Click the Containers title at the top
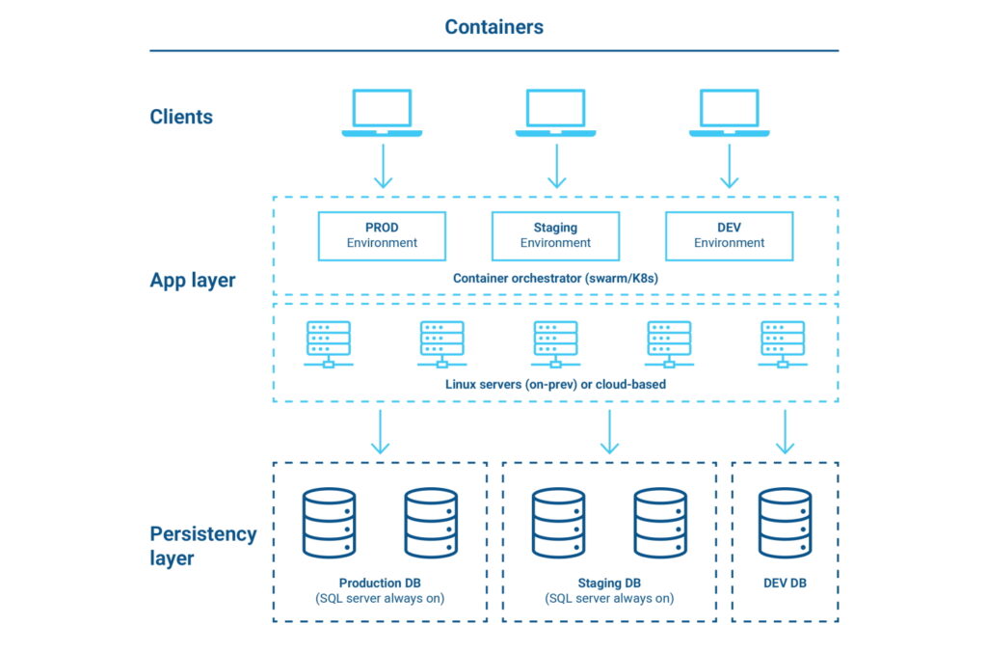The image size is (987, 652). click(x=493, y=27)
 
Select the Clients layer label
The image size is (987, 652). click(x=181, y=118)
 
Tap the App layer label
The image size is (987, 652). click(x=193, y=281)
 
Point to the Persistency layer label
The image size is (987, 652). click(x=202, y=546)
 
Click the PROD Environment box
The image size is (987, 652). click(x=382, y=235)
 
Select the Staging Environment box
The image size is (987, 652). click(x=555, y=235)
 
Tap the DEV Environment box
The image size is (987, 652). click(x=729, y=235)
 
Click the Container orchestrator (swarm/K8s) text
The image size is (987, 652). click(x=555, y=278)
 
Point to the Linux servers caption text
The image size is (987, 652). click(x=555, y=384)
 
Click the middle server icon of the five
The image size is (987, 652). click(x=555, y=343)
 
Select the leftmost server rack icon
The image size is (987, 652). click(x=329, y=343)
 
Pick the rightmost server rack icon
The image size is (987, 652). click(x=783, y=343)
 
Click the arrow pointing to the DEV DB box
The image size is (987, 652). click(x=785, y=431)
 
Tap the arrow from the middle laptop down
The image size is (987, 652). click(x=555, y=166)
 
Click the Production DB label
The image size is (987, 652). click(x=380, y=584)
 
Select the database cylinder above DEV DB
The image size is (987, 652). click(x=785, y=523)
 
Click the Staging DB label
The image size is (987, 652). click(x=609, y=584)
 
